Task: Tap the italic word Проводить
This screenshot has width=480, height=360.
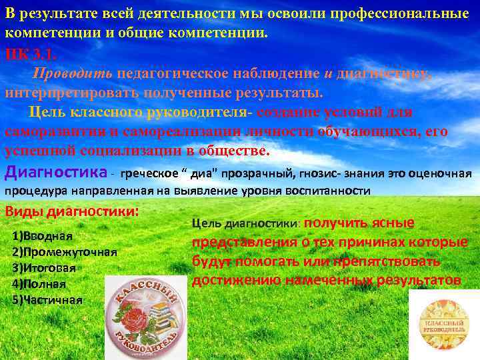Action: [x=74, y=73]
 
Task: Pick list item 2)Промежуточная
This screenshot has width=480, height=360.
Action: [x=65, y=252]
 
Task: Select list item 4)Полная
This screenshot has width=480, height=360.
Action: [x=39, y=283]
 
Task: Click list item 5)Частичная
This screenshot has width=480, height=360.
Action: [x=47, y=299]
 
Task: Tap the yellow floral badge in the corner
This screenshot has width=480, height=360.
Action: [x=444, y=324]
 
